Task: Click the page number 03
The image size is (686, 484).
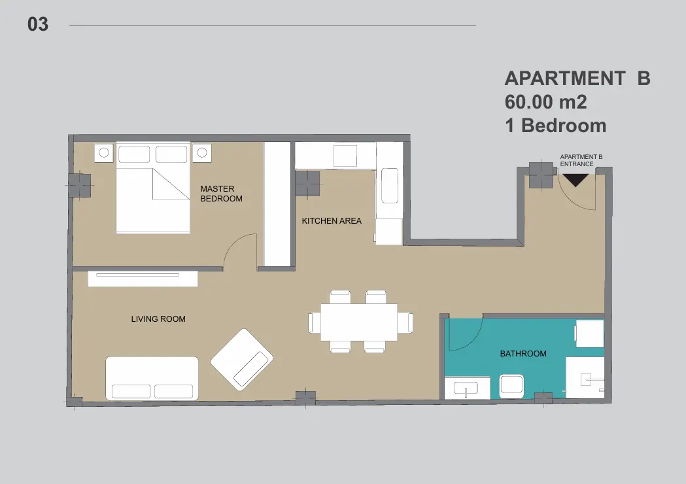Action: (38, 24)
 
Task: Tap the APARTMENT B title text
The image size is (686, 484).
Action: (577, 78)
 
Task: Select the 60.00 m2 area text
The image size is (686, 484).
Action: (545, 103)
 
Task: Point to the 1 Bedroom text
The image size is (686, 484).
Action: (556, 126)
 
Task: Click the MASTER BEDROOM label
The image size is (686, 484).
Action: (222, 194)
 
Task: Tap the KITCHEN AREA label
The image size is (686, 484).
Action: (332, 221)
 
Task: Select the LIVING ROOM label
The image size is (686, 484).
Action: (158, 319)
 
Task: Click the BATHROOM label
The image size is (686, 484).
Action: (523, 354)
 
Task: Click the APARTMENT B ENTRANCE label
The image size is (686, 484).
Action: (581, 161)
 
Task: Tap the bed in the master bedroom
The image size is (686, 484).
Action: (152, 188)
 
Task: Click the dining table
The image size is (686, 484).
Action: (359, 322)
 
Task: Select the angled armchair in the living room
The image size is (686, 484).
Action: (242, 360)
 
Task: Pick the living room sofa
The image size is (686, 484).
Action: (152, 379)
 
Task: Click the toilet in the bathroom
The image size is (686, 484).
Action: (511, 386)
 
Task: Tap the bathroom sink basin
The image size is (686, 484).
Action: (466, 388)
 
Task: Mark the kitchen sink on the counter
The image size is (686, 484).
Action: (390, 186)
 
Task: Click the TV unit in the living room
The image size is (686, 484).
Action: (143, 279)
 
